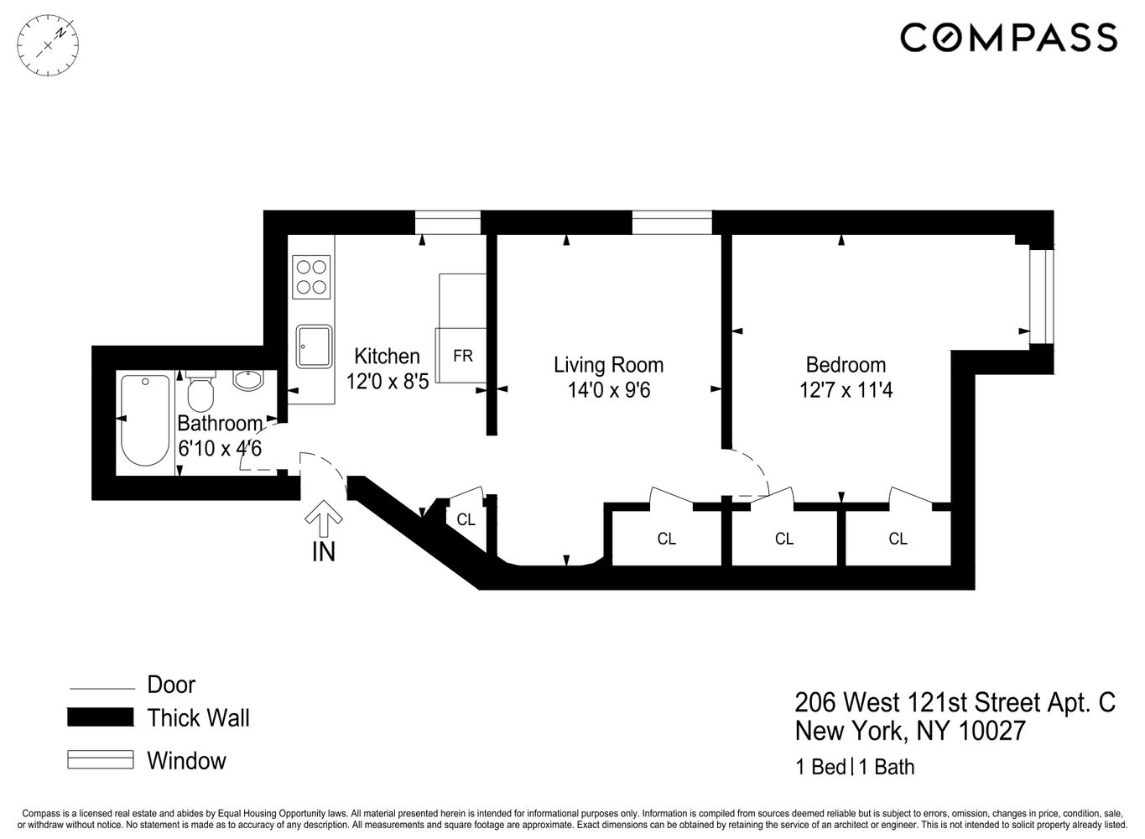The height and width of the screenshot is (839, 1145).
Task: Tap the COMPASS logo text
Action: pyautogui.click(x=1007, y=38)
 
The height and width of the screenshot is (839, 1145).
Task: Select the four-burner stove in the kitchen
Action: pyautogui.click(x=311, y=277)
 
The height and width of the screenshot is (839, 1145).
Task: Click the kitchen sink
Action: pyautogui.click(x=313, y=347)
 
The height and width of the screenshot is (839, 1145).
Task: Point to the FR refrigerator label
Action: pyautogui.click(x=462, y=356)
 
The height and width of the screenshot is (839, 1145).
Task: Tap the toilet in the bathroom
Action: pyautogui.click(x=200, y=391)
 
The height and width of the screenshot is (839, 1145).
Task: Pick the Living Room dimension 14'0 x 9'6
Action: pyautogui.click(x=607, y=390)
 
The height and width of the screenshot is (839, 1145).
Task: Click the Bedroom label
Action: pyautogui.click(x=846, y=365)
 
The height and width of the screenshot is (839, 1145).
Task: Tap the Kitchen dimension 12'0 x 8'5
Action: pyautogui.click(x=388, y=382)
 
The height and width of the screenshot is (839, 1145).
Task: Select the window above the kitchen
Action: pyautogui.click(x=448, y=222)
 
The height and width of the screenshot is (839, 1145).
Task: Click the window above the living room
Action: pyautogui.click(x=672, y=222)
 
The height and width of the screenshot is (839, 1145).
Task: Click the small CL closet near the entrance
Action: pyautogui.click(x=466, y=520)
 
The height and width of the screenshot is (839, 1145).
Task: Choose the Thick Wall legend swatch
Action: pyautogui.click(x=101, y=718)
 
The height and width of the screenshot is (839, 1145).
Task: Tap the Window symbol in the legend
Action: pyautogui.click(x=101, y=760)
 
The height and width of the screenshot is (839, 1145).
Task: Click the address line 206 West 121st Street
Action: pyautogui.click(x=955, y=702)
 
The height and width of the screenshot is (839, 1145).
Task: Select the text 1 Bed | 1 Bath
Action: pyautogui.click(x=855, y=767)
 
